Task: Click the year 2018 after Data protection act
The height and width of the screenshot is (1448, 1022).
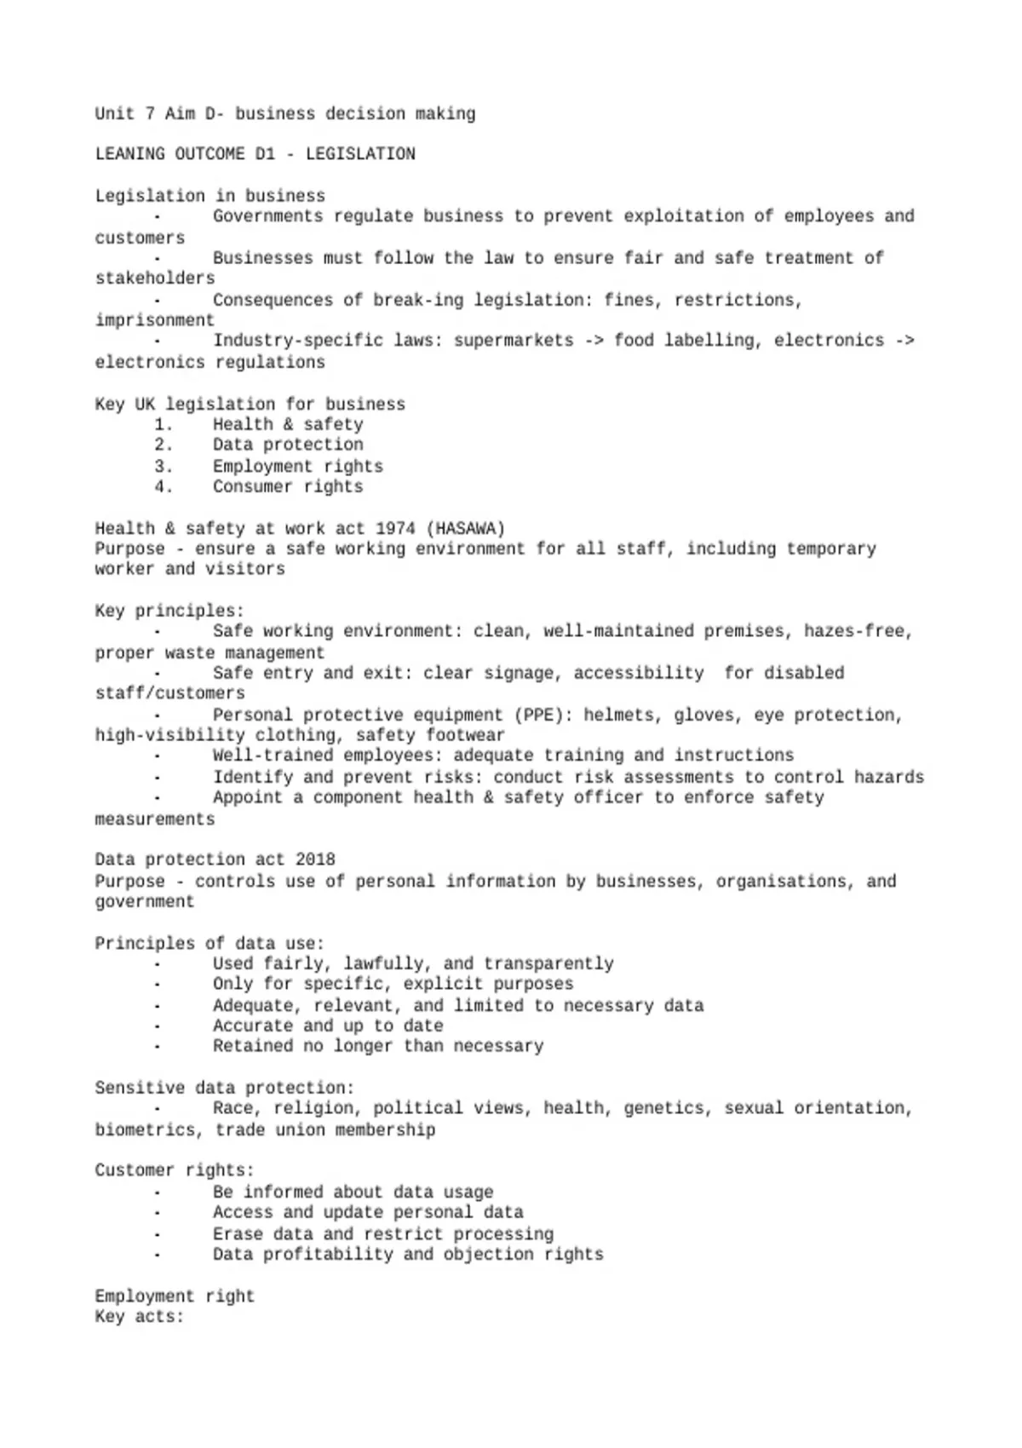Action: coord(315,860)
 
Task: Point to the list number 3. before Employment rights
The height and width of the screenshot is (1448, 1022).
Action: coord(164,467)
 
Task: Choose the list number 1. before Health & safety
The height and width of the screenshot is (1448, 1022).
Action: coord(164,425)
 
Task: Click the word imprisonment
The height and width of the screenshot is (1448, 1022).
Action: coord(154,321)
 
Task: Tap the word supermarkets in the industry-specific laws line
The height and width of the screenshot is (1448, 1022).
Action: coord(514,342)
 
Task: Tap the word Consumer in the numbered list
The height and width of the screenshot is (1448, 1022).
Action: coord(253,487)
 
